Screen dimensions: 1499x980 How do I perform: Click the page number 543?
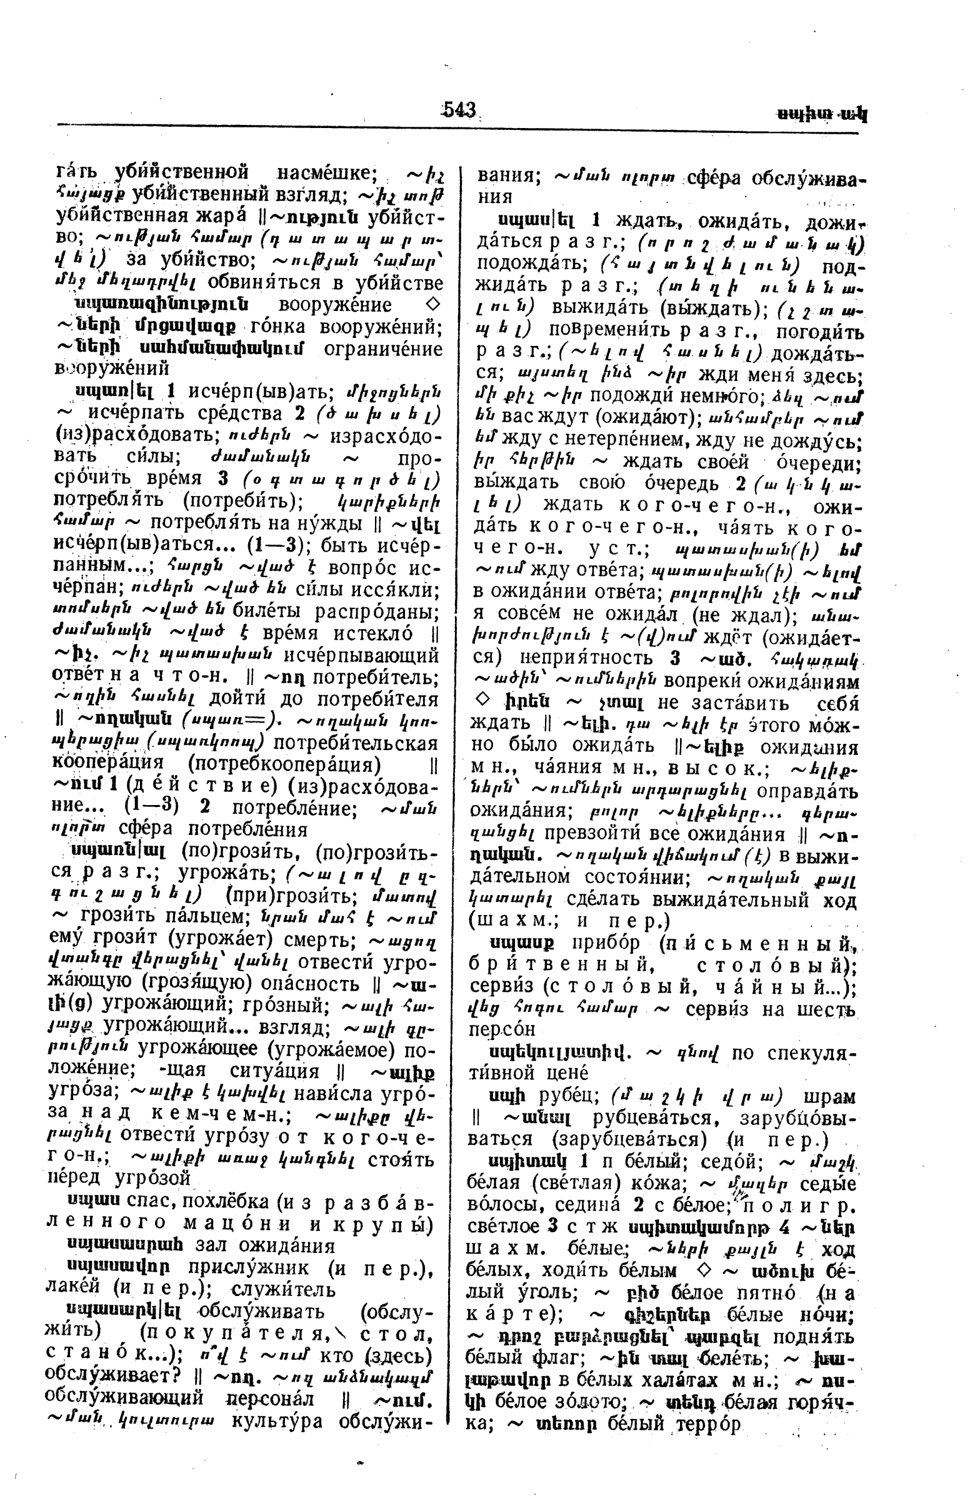click(459, 110)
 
